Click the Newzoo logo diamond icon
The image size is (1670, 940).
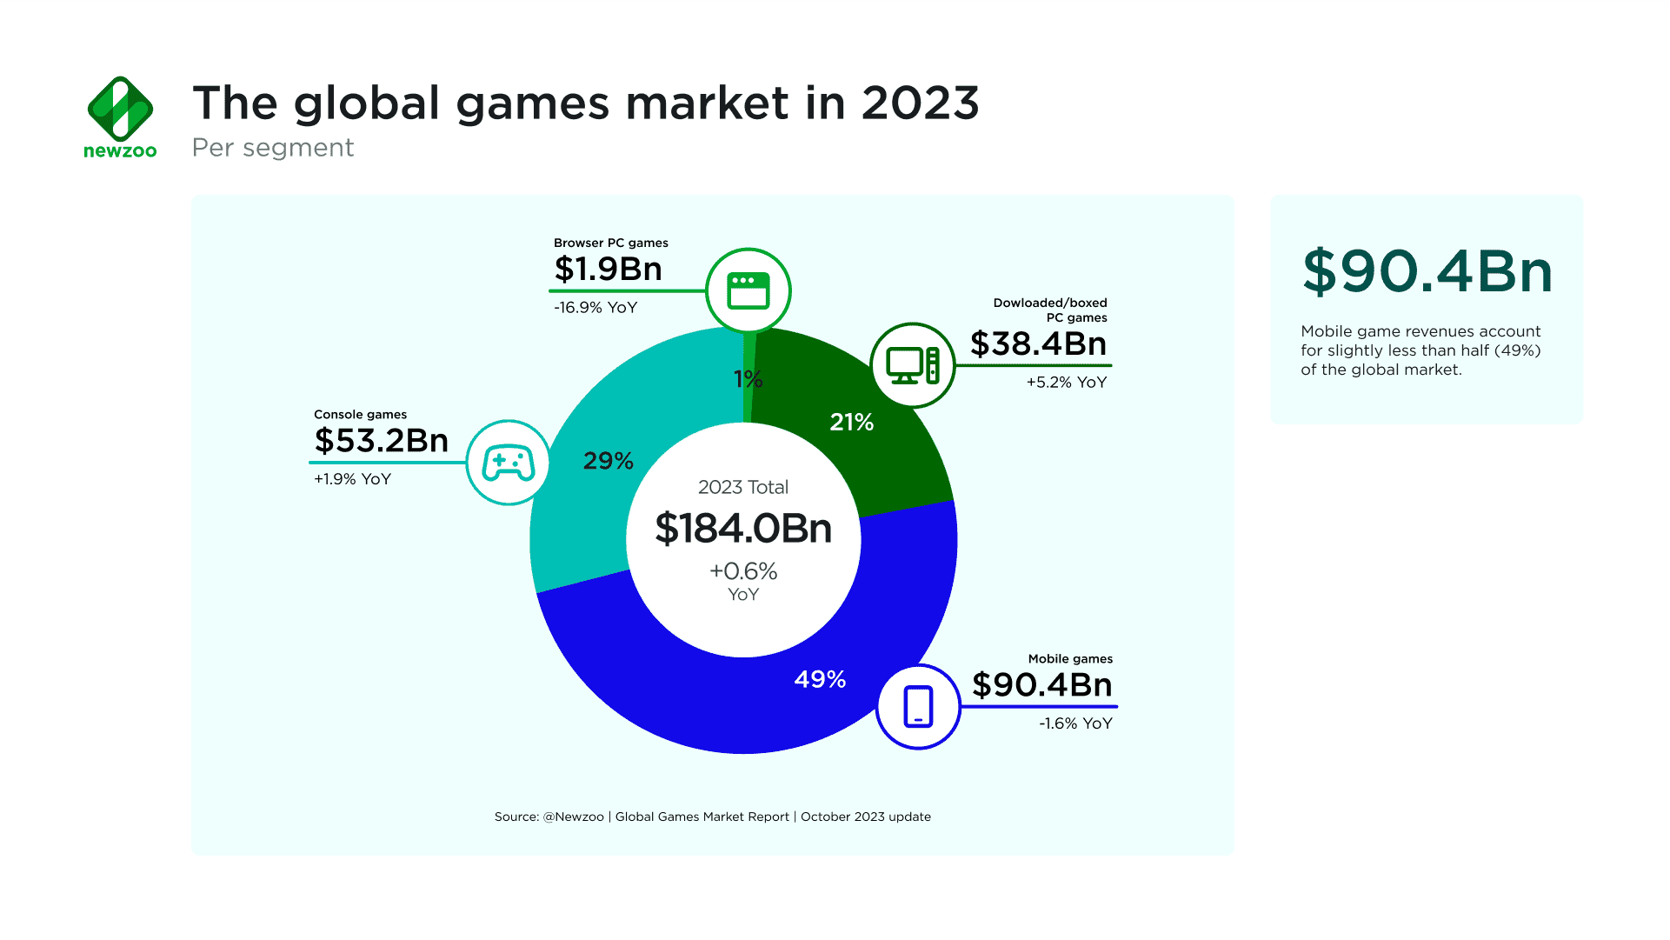pos(120,109)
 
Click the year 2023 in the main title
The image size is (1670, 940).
pos(920,103)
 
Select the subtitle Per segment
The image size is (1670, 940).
pos(272,148)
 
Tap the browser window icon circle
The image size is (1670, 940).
pos(748,290)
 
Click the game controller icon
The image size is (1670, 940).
pos(509,463)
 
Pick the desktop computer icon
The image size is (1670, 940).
pos(912,365)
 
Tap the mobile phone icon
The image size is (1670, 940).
pos(918,706)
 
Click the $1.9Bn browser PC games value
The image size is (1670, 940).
pos(608,269)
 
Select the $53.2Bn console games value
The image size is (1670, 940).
pos(381,440)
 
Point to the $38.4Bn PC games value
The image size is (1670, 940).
pos(1038,343)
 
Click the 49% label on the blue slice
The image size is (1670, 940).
pos(820,679)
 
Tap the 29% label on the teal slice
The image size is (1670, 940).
pos(608,461)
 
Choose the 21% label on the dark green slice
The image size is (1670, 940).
pos(851,423)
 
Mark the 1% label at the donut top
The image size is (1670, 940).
pos(748,379)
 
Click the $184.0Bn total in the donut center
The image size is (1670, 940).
pos(743,529)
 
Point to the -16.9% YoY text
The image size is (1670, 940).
pos(595,308)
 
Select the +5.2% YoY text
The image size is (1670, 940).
pos(1066,383)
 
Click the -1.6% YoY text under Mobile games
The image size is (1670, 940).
pos(1075,723)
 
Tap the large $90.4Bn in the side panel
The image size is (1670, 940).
pos(1427,271)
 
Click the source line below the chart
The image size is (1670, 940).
pos(712,817)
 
